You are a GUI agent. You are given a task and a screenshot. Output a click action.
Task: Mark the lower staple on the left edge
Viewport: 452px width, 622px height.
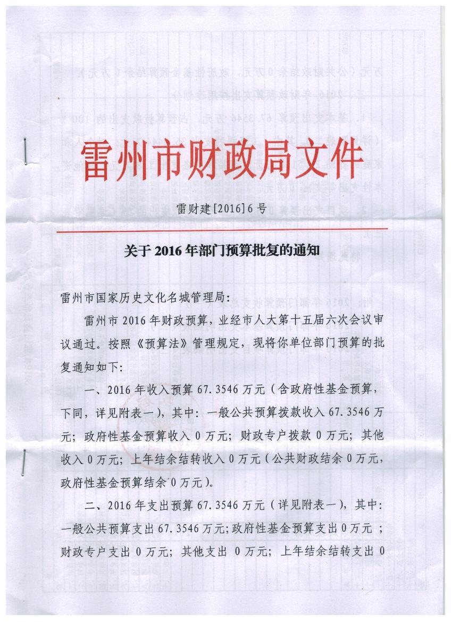point(24,461)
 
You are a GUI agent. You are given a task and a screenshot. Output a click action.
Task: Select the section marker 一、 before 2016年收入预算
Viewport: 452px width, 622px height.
point(94,391)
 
